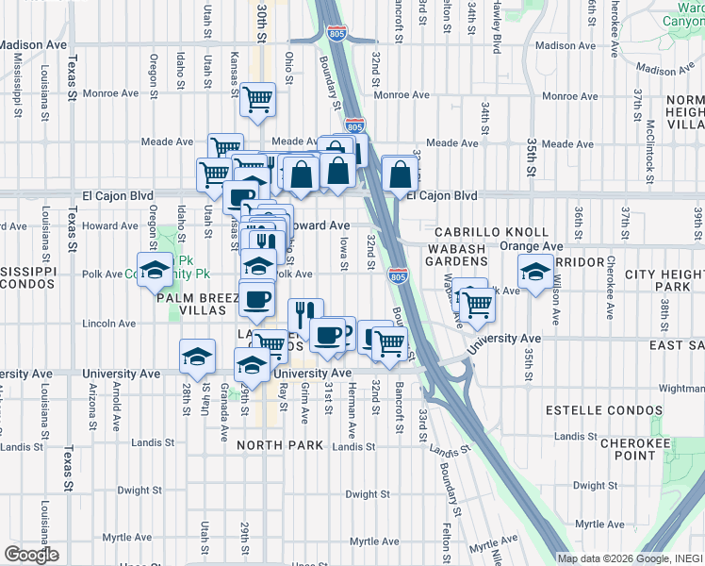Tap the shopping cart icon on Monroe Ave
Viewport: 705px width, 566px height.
(x=257, y=99)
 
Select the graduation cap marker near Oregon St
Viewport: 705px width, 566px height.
(x=156, y=269)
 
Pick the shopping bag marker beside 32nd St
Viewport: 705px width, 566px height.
(x=401, y=174)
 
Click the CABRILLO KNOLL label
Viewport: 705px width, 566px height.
(x=491, y=232)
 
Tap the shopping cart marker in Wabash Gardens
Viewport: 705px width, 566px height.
(x=477, y=304)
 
